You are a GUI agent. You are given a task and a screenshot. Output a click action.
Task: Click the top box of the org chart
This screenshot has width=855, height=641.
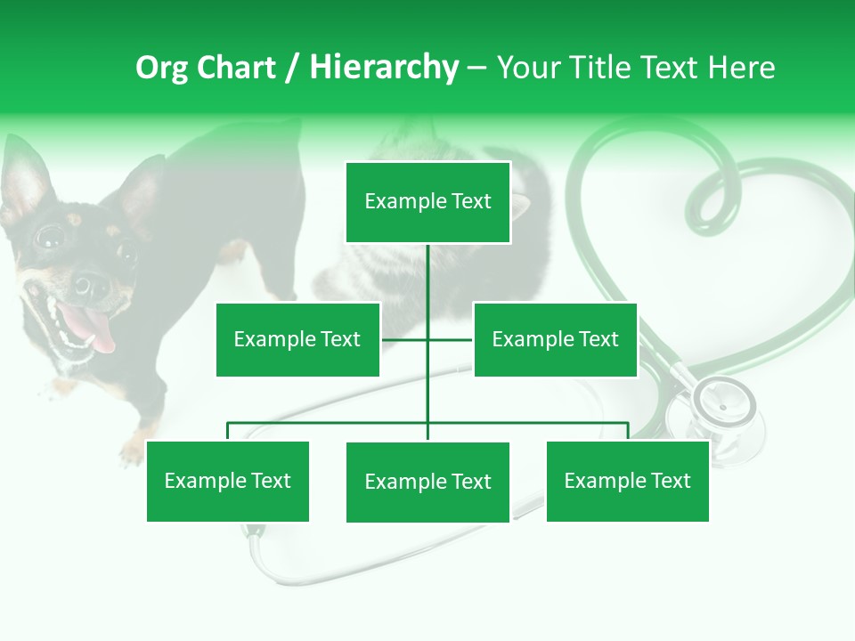coord(427,202)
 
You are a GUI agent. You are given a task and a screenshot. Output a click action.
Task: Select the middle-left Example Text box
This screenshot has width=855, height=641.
coord(297,339)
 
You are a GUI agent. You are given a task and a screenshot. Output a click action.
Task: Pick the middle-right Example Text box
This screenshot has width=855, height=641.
coord(555,339)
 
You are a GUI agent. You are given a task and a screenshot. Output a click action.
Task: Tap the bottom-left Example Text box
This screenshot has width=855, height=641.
coord(228,481)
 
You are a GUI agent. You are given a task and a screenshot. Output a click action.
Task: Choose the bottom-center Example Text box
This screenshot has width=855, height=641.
coord(427,482)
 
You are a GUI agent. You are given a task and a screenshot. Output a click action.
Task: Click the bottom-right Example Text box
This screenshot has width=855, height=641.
coord(627,481)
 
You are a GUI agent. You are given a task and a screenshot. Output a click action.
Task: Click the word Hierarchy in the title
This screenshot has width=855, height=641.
coord(383,68)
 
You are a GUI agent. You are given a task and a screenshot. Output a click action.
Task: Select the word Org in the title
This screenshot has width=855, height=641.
coord(161,68)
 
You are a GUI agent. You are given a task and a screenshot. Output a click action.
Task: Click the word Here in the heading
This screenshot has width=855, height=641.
coord(741,68)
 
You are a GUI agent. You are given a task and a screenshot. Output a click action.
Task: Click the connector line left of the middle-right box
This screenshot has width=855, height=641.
coord(451,339)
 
